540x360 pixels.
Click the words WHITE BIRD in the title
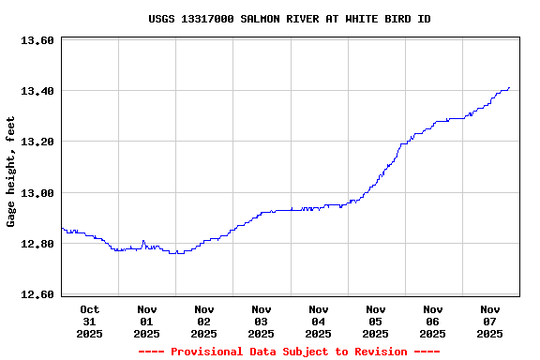tap(376, 19)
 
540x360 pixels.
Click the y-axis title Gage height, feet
tap(11, 172)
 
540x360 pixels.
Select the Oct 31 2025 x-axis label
tap(90, 321)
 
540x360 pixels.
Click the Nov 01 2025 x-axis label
tap(147, 321)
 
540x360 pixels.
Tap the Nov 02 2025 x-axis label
tap(204, 321)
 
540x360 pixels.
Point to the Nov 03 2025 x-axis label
tap(262, 321)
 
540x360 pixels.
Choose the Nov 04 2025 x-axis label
tap(319, 321)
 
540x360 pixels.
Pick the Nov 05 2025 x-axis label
tap(376, 321)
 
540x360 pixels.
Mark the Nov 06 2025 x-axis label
tap(433, 321)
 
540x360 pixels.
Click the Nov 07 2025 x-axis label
tap(490, 321)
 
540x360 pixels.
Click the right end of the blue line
tap(509, 88)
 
